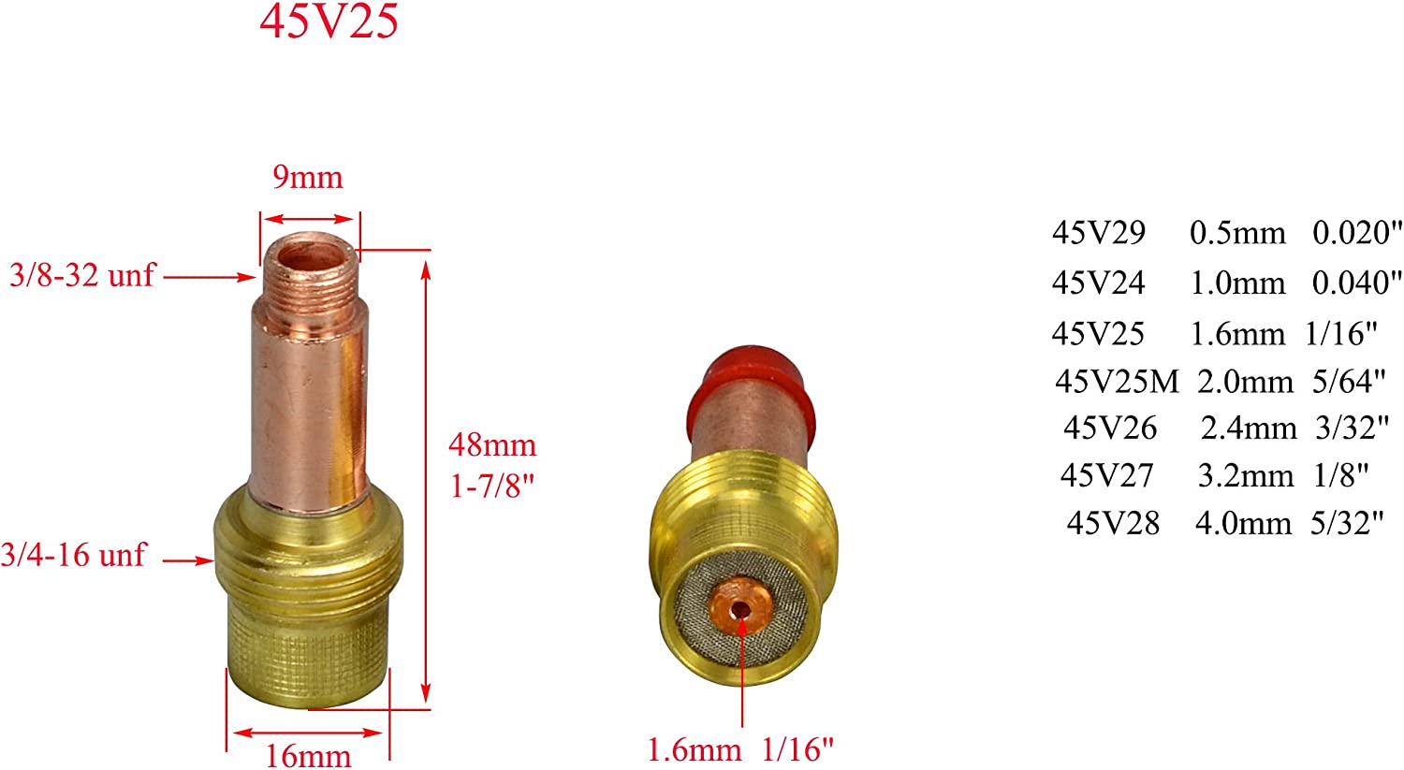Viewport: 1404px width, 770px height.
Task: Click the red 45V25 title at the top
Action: [329, 21]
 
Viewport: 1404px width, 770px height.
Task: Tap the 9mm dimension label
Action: [308, 177]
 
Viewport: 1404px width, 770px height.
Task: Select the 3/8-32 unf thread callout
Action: [82, 276]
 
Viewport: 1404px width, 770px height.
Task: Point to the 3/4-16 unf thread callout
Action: [73, 555]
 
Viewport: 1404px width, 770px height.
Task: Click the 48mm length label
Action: [492, 444]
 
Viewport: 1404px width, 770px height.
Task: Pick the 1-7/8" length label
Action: [492, 487]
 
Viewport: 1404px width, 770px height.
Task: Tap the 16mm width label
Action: [309, 755]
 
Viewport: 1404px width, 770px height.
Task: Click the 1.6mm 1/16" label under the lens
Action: [740, 748]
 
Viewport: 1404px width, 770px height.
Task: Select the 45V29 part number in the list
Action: [1098, 233]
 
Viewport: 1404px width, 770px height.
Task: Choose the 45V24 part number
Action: [1098, 283]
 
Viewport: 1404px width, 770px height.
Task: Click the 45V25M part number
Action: [1116, 381]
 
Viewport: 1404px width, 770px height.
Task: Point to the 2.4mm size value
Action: [1249, 429]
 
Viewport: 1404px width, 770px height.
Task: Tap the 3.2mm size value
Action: [1245, 476]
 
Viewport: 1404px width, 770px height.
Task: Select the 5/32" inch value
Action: [1347, 523]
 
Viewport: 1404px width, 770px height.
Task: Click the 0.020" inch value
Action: [1357, 233]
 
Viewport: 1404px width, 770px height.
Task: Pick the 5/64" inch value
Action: [1348, 381]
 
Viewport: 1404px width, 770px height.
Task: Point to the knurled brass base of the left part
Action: [309, 655]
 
